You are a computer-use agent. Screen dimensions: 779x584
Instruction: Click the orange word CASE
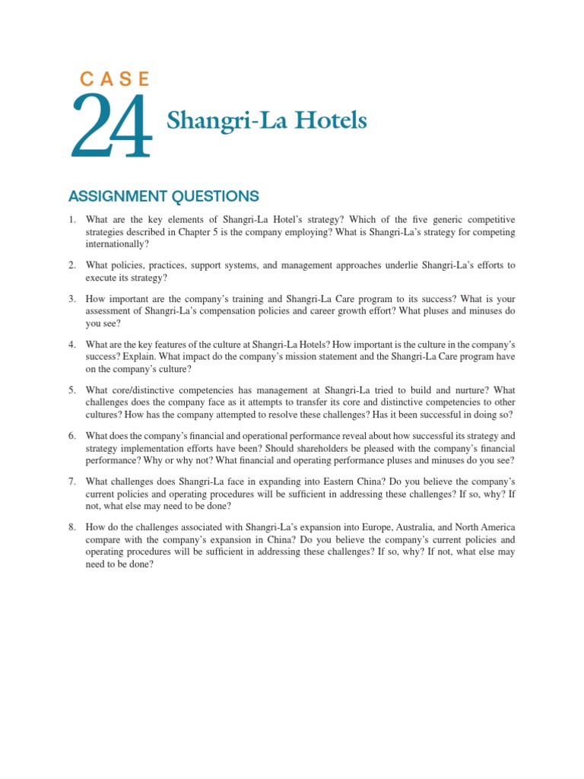[115, 78]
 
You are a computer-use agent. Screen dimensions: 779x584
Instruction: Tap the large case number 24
[112, 127]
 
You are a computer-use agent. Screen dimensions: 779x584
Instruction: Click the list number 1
[71, 220]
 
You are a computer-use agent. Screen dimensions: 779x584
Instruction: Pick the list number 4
[71, 345]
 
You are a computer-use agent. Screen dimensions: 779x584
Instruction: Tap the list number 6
[71, 436]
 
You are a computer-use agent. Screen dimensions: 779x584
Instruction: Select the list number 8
[71, 527]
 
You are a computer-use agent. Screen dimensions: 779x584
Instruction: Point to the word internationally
[116, 244]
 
